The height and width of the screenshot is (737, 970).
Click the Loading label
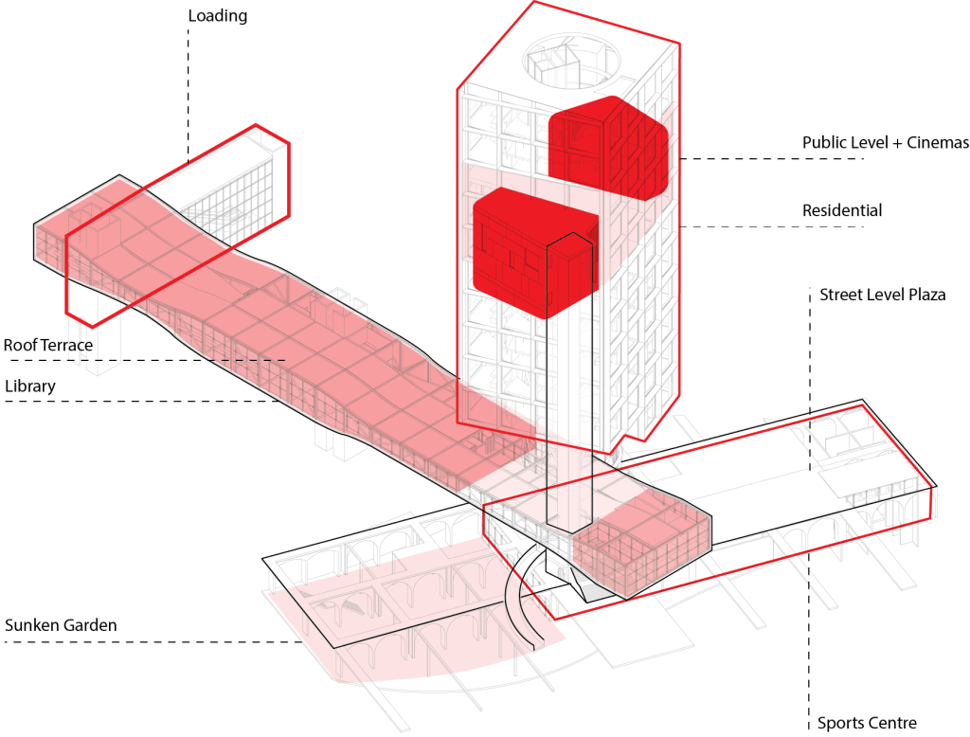217,16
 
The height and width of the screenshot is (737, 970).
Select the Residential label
841,210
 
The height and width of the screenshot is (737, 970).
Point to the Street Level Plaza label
882,295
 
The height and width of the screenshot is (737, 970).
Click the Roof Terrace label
48,345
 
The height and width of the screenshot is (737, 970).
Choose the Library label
30,386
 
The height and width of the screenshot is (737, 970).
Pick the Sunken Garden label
62,625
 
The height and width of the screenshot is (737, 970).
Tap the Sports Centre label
867,723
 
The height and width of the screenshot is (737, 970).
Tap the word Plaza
925,295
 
